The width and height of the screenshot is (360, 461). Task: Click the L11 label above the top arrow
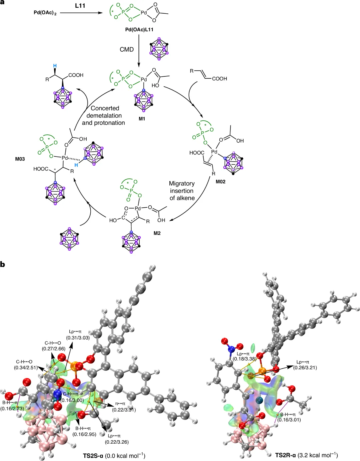click(x=80, y=6)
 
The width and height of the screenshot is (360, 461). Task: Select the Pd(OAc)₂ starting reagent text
click(x=45, y=13)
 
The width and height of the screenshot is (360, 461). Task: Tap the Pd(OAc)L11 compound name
click(x=139, y=29)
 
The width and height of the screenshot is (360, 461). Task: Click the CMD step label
click(x=127, y=49)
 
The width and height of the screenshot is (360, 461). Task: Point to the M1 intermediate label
click(x=142, y=119)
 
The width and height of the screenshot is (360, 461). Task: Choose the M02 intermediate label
click(x=221, y=182)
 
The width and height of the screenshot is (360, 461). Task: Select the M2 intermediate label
click(x=157, y=233)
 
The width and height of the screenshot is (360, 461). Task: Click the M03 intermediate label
click(x=20, y=159)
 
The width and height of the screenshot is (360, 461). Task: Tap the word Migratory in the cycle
click(x=182, y=183)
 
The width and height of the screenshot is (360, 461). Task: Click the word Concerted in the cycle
click(x=105, y=108)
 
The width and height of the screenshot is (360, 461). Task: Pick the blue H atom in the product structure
click(x=55, y=66)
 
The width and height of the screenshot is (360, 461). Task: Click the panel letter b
click(x=3, y=264)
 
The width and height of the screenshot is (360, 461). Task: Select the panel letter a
click(x=3, y=2)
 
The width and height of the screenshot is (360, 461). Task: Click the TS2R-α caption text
click(x=285, y=455)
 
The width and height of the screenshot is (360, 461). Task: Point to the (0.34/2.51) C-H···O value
click(x=26, y=367)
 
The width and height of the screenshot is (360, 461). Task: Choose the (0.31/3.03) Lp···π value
click(x=78, y=338)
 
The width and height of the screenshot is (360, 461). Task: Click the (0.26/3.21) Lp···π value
click(x=305, y=368)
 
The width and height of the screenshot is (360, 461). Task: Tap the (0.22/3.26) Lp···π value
click(x=117, y=442)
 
